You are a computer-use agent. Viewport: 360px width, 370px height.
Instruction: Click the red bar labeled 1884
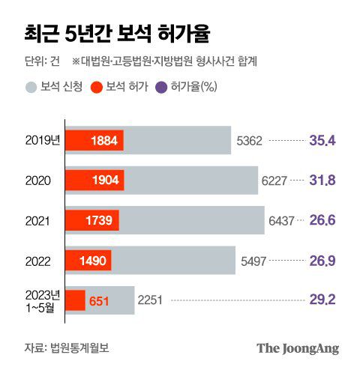[94, 140]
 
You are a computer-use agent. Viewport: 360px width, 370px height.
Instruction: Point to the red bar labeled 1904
[95, 181]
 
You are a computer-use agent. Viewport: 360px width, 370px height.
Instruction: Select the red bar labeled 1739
[92, 220]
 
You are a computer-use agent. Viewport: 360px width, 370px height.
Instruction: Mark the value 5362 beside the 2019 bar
[249, 140]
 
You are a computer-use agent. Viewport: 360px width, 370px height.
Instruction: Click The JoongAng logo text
[298, 348]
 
